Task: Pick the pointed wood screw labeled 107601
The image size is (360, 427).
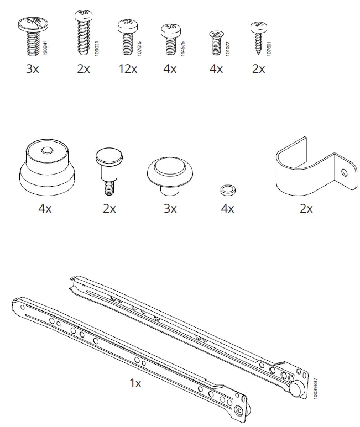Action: tap(257, 36)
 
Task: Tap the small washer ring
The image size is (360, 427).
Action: tap(227, 189)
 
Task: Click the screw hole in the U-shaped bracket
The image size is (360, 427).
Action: tap(344, 172)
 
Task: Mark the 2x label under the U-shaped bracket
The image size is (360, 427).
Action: tap(306, 209)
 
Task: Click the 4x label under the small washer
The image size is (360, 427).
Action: tap(227, 209)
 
